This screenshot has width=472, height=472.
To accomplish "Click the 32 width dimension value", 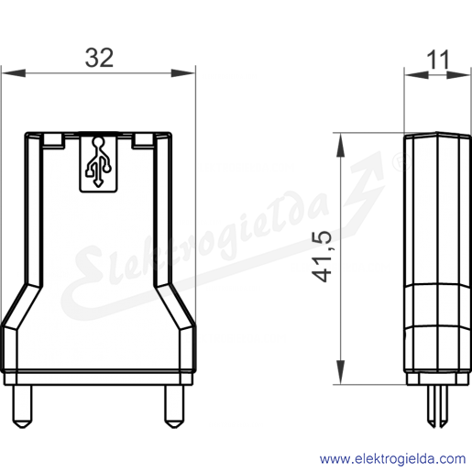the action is coord(99,58).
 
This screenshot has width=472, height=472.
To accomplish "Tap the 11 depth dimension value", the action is coord(438,60).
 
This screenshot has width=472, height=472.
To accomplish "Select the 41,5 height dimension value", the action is coord(322,257).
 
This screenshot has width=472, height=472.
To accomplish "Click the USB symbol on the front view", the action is coord(98,162).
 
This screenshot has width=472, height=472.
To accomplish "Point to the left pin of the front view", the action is coord(22,406).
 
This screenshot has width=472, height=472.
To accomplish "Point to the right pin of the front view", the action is coord(174,406).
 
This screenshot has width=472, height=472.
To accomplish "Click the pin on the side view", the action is coord(438,406).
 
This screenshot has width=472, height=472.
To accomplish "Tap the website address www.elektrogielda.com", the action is coord(393,459).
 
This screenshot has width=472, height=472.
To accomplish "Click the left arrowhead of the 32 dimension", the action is coord(14,73).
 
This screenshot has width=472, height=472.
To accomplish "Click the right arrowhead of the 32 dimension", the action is coord(182,73).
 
